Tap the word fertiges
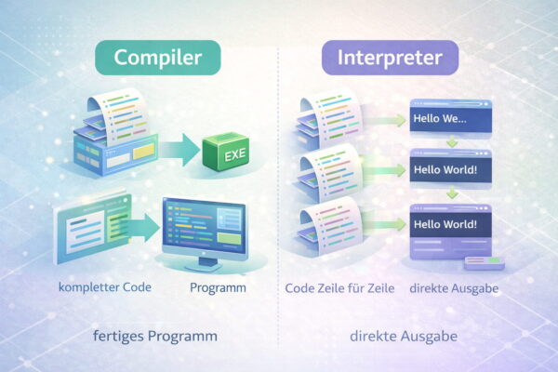coord(119,334)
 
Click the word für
coord(369,288)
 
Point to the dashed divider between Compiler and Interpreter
coord(279,186)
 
